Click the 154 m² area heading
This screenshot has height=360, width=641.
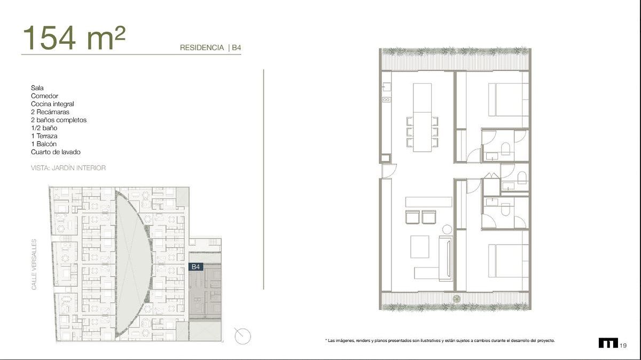pos(74,38)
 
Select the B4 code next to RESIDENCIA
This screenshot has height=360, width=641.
pos(236,48)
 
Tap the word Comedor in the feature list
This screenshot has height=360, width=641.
pos(44,96)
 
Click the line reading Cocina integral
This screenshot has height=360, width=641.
pos(52,104)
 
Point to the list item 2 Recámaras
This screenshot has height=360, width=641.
pos(50,112)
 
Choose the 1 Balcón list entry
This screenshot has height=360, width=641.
pos(44,144)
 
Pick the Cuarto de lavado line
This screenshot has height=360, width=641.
pos(56,152)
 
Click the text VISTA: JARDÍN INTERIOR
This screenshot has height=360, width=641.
pos(68,168)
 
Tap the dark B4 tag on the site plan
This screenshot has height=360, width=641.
pos(196,267)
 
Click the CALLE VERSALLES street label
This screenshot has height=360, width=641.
pos(34,265)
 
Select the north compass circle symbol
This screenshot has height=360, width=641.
pos(243,336)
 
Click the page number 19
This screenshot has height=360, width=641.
pos(623,346)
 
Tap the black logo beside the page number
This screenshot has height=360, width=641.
pos(608,343)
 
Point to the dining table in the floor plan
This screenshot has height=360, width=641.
pos(423,131)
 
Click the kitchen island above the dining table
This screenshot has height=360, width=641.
pos(423,98)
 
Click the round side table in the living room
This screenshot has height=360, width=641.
pos(447,229)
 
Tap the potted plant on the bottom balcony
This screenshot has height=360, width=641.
pos(457,299)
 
